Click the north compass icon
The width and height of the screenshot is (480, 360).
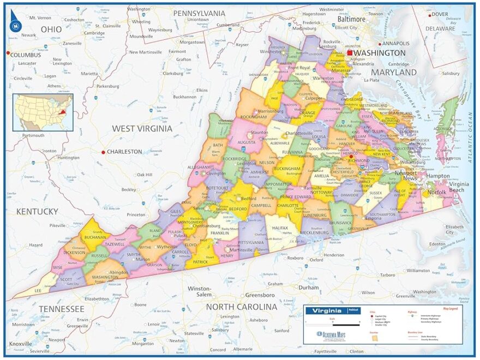click(16, 23)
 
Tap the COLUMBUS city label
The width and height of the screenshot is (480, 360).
click(26, 55)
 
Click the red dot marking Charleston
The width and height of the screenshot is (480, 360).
click(103, 152)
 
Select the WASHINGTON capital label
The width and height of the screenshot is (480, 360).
click(380, 53)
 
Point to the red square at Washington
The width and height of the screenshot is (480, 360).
click(350, 53)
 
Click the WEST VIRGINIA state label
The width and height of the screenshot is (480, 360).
click(142, 128)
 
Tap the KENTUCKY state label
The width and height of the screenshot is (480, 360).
click(37, 211)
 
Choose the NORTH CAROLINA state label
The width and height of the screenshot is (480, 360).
click(241, 307)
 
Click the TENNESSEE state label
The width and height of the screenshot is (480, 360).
click(62, 309)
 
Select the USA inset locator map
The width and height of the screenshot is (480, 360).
click(43, 112)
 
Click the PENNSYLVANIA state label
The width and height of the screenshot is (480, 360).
click(199, 13)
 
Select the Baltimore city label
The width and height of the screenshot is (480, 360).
click(351, 19)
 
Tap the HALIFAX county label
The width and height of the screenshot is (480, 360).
click(280, 227)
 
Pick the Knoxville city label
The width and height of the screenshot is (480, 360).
click(21, 344)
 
